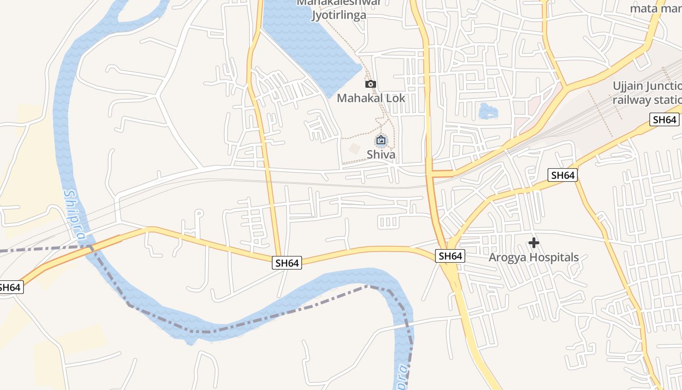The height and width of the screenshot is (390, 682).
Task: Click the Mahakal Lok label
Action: (371, 98)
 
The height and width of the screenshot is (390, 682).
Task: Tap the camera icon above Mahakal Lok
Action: (371, 84)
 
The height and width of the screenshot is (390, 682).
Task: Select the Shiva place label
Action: (381, 155)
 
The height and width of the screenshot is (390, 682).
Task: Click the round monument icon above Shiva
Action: (381, 141)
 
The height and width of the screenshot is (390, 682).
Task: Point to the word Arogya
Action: (508, 257)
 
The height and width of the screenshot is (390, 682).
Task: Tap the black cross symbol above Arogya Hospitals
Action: (534, 242)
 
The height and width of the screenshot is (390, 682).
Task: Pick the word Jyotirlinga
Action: (339, 15)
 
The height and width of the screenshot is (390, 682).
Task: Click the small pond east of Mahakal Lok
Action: (488, 112)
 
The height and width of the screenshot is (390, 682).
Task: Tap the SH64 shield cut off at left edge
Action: (10, 287)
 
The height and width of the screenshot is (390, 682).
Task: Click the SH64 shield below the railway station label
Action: (664, 119)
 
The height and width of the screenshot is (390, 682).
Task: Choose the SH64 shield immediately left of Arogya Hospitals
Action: (450, 256)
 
